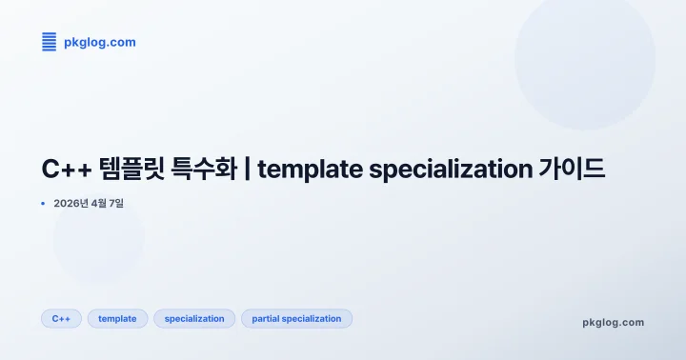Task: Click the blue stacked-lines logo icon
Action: click(49, 41)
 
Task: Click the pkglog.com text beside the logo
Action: click(99, 42)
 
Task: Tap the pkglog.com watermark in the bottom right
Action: click(613, 322)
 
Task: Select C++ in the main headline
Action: click(65, 170)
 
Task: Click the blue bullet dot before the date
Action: click(43, 203)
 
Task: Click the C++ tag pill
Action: click(61, 319)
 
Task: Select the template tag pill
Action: click(117, 319)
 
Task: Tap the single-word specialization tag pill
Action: click(194, 319)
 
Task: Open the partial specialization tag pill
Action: click(296, 319)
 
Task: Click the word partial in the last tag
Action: click(267, 319)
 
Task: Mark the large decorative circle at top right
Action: click(584, 59)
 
